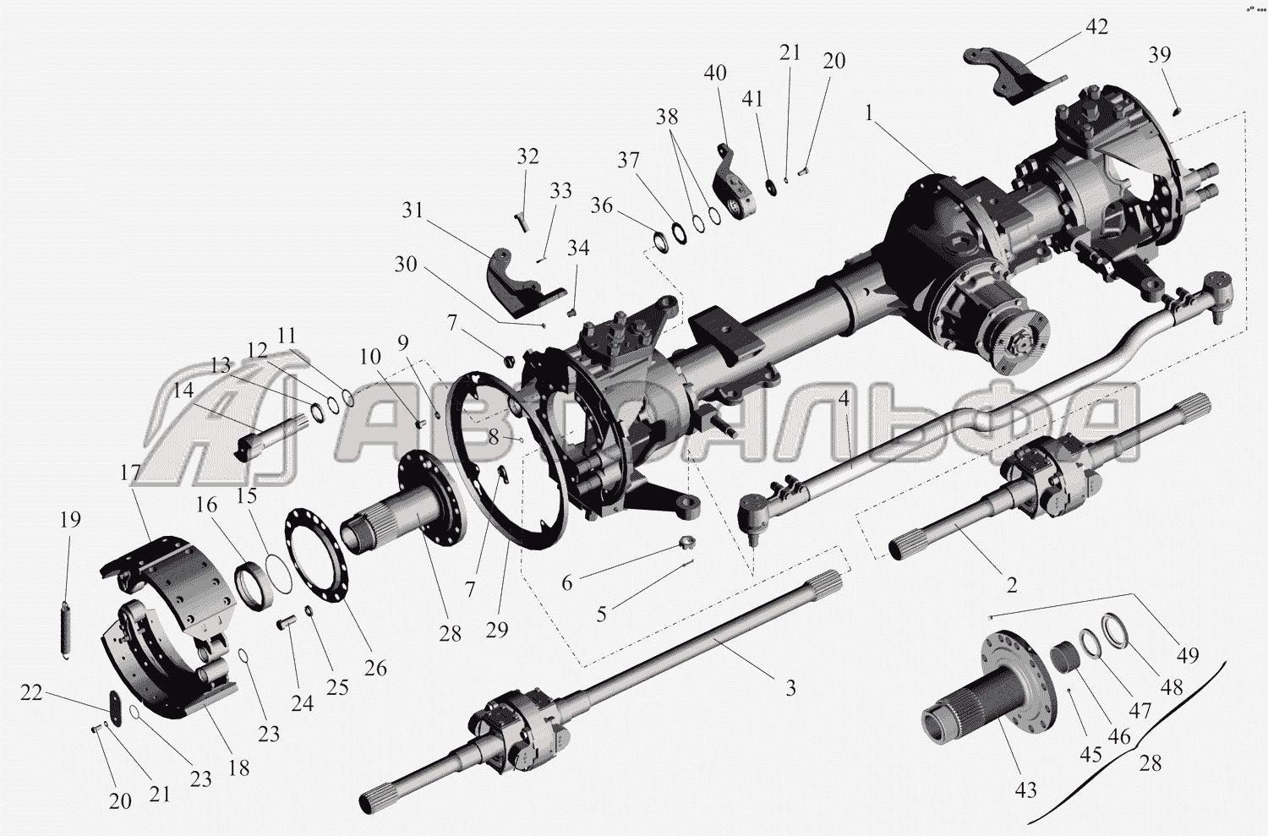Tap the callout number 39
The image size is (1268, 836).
pos(1159,54)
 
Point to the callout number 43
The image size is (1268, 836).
pos(1025,790)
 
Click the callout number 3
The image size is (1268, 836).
pos(790,687)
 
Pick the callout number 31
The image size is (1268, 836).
pos(413,210)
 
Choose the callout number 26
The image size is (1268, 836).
pos(375,668)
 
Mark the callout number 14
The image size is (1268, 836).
pos(183,390)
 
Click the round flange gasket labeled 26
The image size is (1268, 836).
pos(317,555)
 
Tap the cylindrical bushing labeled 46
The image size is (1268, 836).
pos(1063,658)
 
